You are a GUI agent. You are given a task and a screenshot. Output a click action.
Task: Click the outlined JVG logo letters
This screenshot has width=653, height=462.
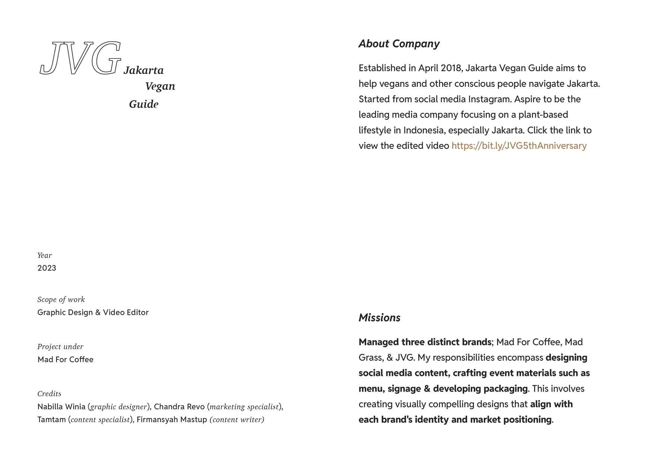point(80,58)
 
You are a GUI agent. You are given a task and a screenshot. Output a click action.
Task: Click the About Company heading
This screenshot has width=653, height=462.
point(399,44)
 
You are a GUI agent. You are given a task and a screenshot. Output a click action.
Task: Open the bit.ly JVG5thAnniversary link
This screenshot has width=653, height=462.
point(519,146)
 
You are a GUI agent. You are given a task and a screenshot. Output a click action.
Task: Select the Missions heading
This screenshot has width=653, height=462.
point(379,318)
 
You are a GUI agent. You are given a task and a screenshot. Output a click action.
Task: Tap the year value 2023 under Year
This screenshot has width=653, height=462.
point(47,268)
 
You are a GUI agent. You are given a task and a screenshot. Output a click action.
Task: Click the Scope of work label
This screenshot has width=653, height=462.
point(61,300)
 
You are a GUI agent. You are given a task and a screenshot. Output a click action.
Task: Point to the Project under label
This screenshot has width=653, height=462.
point(60,347)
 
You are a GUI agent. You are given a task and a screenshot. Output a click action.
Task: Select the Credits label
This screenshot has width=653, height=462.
point(49,394)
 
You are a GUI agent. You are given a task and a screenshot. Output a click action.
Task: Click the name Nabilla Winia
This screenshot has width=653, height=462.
point(61,406)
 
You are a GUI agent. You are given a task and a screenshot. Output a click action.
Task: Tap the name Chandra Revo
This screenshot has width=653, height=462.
point(179,406)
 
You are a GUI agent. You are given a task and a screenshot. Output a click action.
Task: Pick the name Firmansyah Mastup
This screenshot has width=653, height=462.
point(172,420)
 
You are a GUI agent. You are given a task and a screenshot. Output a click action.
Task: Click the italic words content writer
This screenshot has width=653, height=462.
point(237,420)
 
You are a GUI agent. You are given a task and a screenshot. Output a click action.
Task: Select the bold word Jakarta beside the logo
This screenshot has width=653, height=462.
point(143,70)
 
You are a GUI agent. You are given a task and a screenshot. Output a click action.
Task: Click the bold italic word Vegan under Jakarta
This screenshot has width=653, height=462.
point(160,86)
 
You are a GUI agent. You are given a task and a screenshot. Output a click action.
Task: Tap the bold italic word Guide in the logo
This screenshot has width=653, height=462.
point(144,104)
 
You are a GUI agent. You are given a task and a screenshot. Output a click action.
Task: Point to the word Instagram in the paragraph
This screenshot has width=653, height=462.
point(490,99)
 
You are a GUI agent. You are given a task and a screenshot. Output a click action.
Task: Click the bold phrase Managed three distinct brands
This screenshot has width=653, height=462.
point(425,342)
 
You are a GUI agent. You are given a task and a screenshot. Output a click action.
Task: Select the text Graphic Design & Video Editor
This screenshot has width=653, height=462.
point(93,312)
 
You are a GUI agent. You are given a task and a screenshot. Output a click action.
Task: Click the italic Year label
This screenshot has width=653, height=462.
point(45,256)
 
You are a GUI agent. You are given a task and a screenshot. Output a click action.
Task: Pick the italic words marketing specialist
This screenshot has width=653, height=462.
point(244,407)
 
